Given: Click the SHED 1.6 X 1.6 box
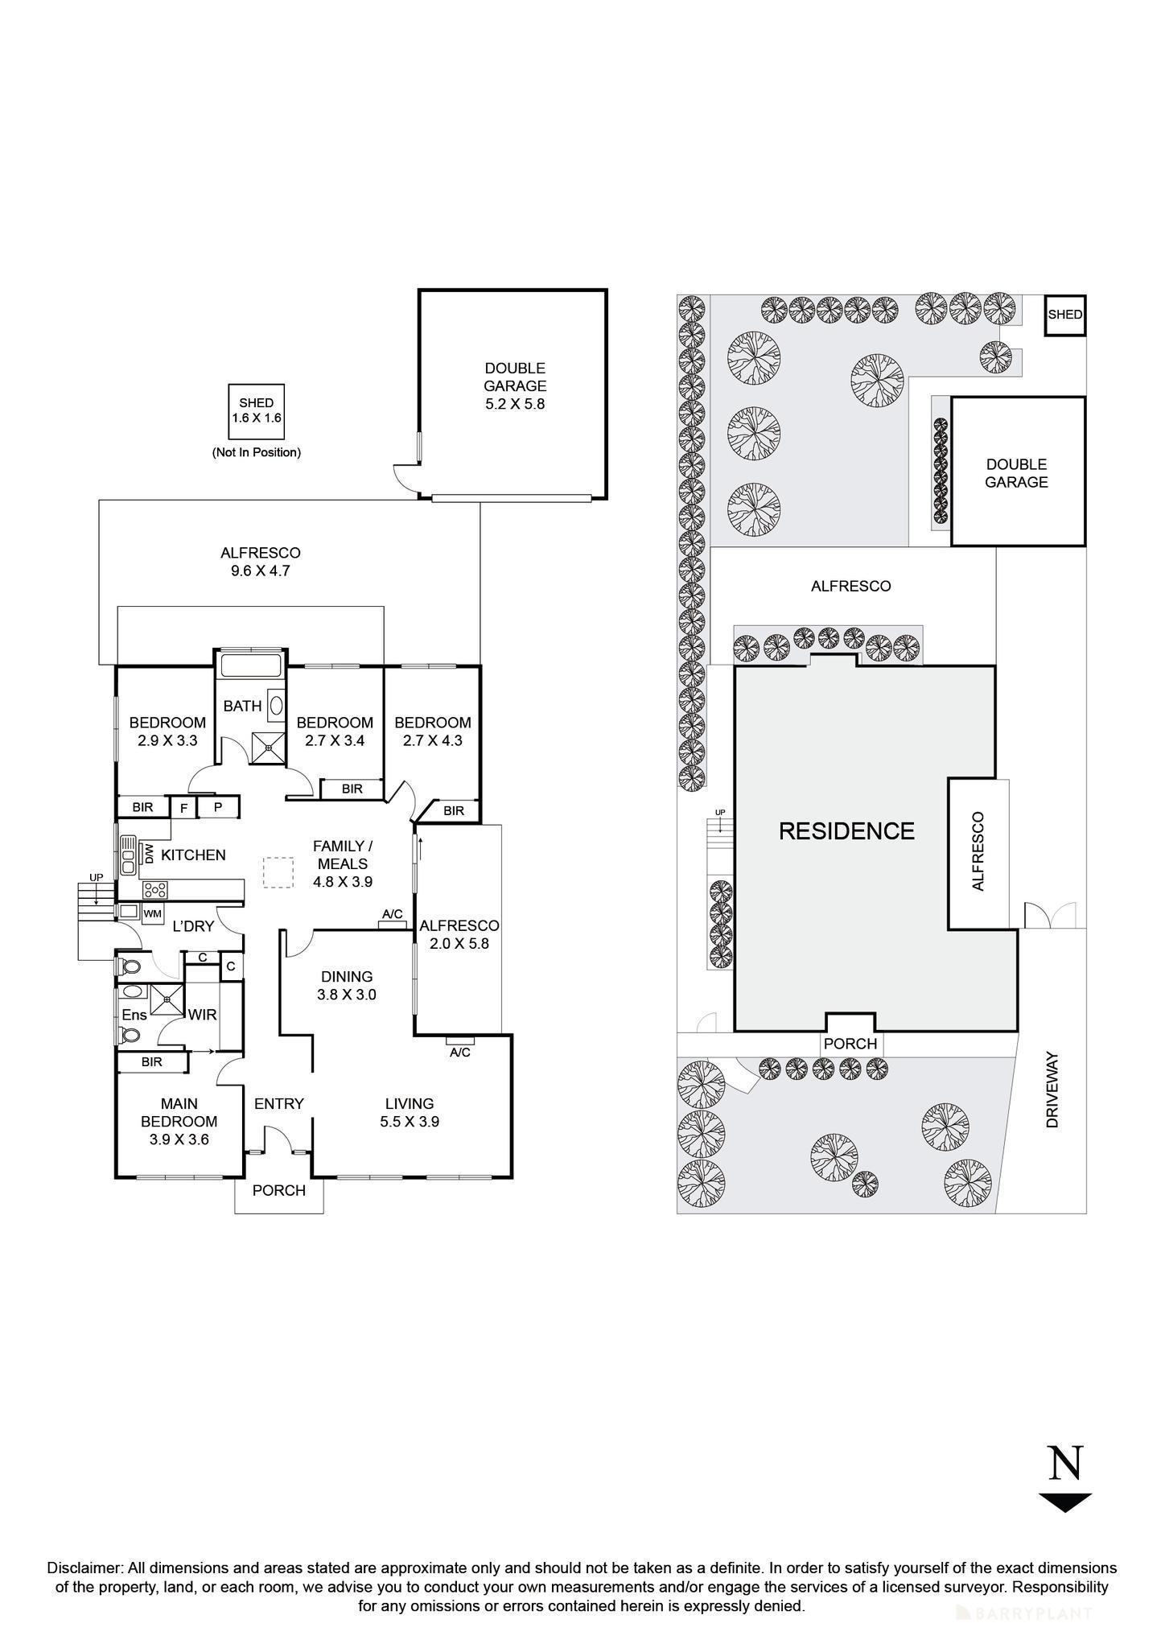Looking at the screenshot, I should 256,410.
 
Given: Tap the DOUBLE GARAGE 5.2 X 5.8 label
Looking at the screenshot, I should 515,386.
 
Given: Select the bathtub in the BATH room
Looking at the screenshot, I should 250,665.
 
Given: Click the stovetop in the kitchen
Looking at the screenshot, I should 155,890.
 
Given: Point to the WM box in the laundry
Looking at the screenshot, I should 152,914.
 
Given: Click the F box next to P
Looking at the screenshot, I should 183,807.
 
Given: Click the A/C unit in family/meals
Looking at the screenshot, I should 393,925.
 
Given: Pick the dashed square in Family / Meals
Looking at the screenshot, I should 278,873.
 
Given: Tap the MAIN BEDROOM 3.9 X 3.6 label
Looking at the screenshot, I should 179,1121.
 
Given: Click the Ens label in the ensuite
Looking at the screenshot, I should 134,1016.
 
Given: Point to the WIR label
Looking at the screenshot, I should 202,1015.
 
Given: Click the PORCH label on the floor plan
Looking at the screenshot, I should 278,1190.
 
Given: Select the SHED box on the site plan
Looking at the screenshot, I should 1065,315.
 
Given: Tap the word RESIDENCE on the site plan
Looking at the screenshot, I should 846,831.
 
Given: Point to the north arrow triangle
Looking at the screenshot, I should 1064,1502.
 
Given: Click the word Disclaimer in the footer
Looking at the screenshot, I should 84,1568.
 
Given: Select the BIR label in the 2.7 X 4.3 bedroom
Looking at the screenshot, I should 454,811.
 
